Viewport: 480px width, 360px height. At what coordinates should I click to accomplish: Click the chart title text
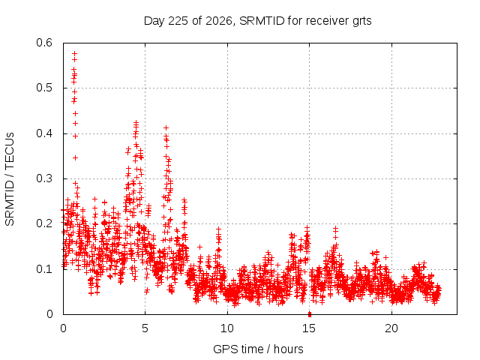[258, 21]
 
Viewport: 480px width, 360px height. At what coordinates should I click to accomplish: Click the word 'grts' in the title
[362, 22]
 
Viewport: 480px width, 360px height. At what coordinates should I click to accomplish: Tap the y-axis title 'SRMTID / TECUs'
[10, 179]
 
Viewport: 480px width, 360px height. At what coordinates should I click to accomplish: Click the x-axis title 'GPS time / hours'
[258, 349]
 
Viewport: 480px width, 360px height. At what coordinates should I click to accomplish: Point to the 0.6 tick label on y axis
[44, 43]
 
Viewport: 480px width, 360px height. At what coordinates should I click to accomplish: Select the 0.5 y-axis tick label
[44, 88]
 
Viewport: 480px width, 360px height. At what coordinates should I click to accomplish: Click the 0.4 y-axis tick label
[44, 133]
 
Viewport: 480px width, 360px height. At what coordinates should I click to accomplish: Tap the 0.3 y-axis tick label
[44, 178]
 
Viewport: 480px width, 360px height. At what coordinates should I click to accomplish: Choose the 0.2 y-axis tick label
[44, 223]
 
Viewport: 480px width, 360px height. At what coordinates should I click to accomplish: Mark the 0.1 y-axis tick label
[44, 269]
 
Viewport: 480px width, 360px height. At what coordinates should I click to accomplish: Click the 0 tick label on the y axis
[49, 314]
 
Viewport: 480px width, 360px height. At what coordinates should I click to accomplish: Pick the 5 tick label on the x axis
[145, 328]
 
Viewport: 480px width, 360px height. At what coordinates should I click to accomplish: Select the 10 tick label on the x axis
[227, 328]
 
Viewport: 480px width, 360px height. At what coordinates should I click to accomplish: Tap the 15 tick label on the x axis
[309, 328]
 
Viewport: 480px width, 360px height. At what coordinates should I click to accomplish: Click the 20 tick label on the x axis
[391, 328]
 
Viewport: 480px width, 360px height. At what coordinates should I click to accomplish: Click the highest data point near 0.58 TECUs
[74, 53]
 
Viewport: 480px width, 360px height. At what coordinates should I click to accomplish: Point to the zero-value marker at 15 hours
[310, 314]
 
